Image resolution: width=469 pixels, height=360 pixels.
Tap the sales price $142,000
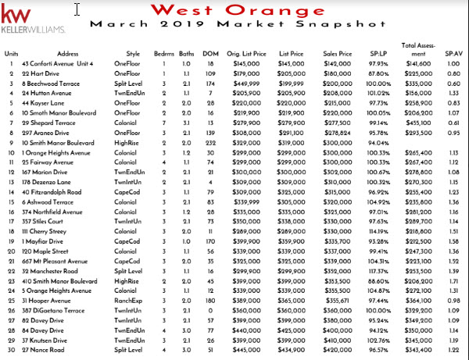coord(338,62)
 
